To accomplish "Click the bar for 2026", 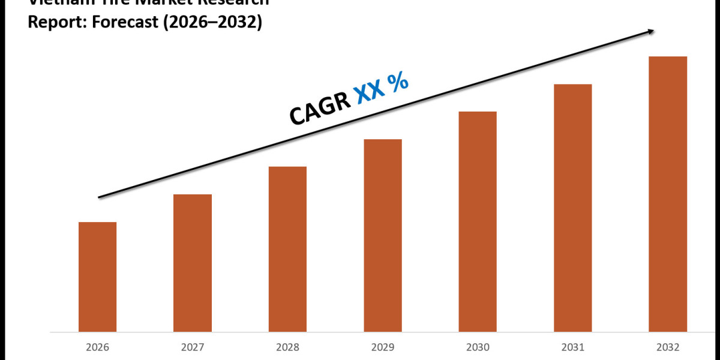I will [97, 277].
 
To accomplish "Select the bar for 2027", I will [193, 263].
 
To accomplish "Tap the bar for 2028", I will [287, 249].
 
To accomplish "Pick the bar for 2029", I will [383, 235].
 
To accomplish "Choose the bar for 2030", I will [478, 221].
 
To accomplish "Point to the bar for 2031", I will [573, 208].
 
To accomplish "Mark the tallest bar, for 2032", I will [668, 194].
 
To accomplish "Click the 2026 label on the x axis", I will [97, 347].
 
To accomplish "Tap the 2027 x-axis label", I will [193, 347].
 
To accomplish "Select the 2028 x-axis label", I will [287, 347].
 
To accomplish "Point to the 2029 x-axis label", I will [383, 347].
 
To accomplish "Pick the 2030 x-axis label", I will [478, 347].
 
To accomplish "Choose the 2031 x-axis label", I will [573, 347].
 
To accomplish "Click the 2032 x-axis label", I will [668, 347].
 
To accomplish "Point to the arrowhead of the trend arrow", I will [650, 31].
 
